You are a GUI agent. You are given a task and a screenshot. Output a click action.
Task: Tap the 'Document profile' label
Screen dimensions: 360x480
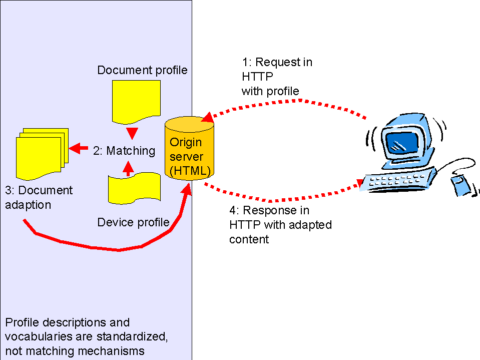[142, 70]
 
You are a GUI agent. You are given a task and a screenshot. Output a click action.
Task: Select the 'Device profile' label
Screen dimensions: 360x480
[133, 222]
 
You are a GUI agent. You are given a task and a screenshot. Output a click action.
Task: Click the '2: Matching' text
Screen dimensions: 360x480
[124, 150]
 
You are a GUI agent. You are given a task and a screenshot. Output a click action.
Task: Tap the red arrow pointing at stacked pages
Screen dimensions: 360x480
[78, 149]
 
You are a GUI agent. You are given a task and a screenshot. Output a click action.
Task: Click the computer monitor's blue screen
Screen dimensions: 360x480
[400, 141]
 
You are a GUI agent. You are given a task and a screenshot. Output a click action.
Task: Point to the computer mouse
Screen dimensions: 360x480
[461, 185]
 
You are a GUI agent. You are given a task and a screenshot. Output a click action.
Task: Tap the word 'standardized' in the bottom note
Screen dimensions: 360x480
[134, 336]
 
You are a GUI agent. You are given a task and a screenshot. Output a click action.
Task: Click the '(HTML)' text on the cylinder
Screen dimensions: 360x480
[189, 170]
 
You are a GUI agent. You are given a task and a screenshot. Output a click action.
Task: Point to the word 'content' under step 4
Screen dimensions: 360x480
[249, 239]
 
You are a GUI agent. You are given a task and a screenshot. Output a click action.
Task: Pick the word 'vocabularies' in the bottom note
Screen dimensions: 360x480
[35, 336]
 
